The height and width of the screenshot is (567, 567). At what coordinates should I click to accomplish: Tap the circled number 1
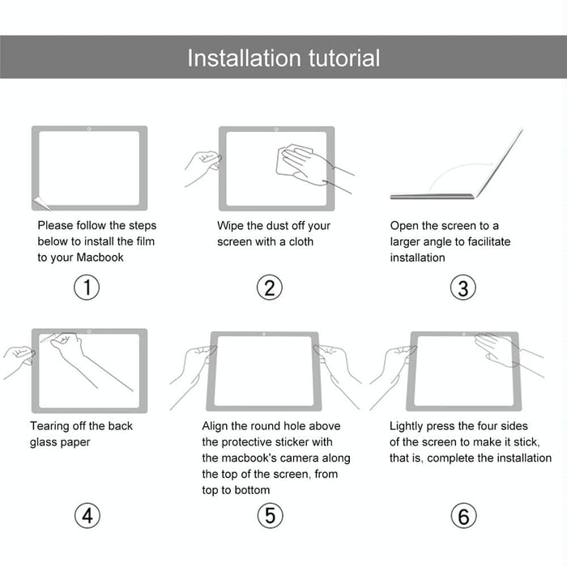tap(87, 288)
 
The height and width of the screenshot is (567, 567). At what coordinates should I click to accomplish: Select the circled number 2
tap(270, 288)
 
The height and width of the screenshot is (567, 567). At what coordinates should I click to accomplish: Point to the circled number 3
tap(463, 288)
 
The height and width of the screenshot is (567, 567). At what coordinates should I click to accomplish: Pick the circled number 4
tap(87, 515)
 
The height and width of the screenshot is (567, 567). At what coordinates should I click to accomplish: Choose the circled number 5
tap(270, 515)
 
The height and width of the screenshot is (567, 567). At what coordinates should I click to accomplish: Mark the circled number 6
tap(463, 515)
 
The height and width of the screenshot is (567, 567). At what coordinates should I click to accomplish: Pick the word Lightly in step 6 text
tap(410, 426)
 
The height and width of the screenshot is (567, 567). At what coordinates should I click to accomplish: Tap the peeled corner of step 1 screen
tap(38, 202)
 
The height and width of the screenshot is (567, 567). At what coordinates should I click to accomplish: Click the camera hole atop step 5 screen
tap(263, 334)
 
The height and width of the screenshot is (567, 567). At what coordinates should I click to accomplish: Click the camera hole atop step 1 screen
tap(89, 130)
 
